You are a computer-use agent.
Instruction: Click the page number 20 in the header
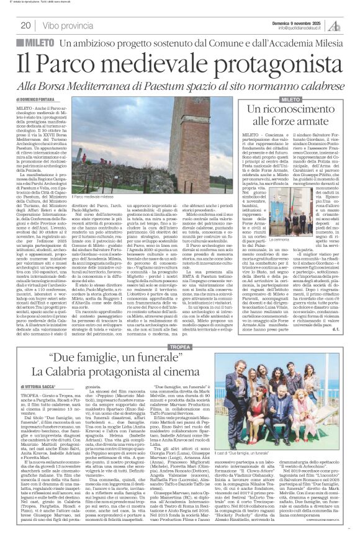26,25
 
